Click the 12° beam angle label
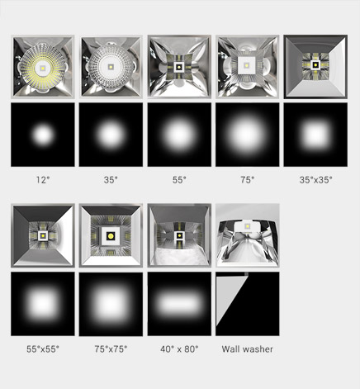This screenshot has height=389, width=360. [x=43, y=180]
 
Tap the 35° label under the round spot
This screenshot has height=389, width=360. [x=111, y=180]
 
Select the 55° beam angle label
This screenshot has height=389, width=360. [x=179, y=180]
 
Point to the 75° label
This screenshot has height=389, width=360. [x=247, y=180]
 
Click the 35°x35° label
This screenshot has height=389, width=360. [x=315, y=180]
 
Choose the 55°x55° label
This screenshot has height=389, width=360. [x=43, y=349]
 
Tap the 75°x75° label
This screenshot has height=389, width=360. [x=111, y=349]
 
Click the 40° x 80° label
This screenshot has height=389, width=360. [x=179, y=349]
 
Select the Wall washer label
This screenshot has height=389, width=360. [x=248, y=349]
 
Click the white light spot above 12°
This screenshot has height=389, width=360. [x=43, y=135]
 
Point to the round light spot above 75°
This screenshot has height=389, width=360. [x=247, y=135]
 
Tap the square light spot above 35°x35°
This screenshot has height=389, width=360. [x=315, y=135]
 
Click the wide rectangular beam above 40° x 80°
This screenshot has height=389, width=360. [x=179, y=304]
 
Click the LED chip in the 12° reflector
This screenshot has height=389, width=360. [x=43, y=68]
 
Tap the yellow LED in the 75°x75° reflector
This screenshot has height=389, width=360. [x=111, y=236]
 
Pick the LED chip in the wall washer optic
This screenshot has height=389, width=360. [x=248, y=226]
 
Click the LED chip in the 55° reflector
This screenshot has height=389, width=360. [x=179, y=67]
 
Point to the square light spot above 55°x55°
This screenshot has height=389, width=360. [x=43, y=304]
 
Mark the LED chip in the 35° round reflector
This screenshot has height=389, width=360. [x=111, y=67]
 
